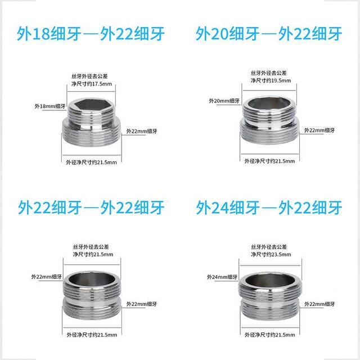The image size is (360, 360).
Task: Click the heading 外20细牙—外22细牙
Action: click(269, 33)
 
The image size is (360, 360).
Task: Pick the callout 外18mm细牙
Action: click(46, 105)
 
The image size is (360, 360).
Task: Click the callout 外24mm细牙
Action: click(222, 276)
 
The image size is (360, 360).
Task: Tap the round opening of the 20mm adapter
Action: click(269, 105)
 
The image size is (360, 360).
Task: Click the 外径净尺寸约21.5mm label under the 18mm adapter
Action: click(90, 163)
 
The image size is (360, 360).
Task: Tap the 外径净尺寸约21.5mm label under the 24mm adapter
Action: click(269, 335)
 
